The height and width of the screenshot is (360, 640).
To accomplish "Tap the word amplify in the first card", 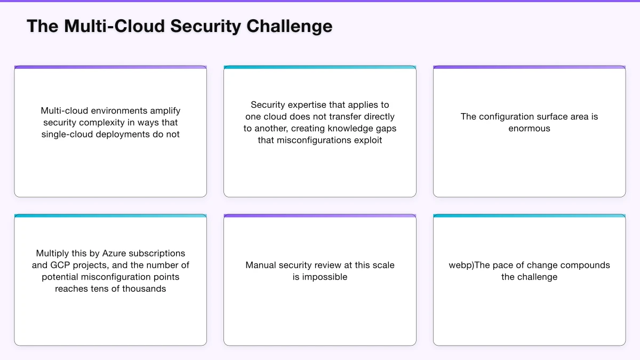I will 164,111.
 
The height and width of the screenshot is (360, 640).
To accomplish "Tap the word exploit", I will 367,140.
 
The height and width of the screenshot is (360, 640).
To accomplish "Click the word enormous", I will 529,129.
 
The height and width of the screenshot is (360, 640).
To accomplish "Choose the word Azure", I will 114,253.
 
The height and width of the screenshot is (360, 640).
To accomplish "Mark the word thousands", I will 144,289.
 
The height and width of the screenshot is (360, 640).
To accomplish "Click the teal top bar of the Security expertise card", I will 320,68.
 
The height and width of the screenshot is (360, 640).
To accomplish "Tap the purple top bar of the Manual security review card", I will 320,216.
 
